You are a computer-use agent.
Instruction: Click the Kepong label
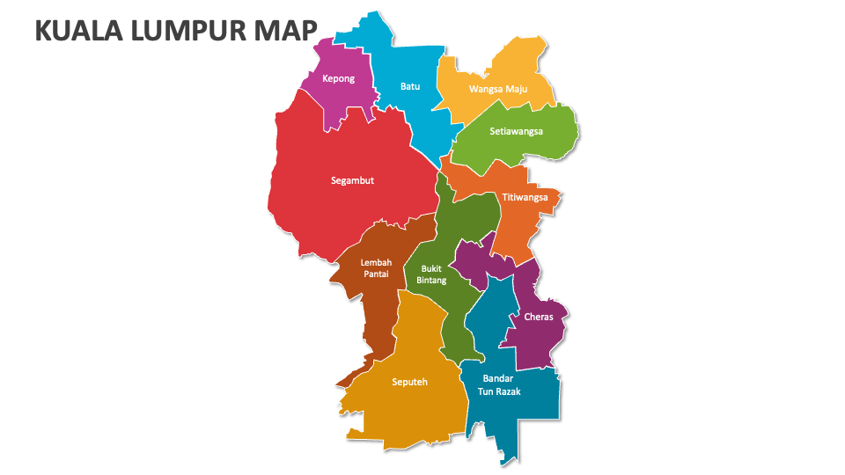tap(339, 78)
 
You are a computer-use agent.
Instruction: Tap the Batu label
tap(410, 86)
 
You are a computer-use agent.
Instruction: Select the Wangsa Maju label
tap(497, 89)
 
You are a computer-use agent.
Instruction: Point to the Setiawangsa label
tap(517, 131)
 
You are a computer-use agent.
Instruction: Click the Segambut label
tap(352, 180)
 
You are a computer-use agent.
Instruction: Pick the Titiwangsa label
tap(525, 197)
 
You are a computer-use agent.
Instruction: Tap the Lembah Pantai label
tap(375, 267)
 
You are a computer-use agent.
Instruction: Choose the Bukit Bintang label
tap(431, 274)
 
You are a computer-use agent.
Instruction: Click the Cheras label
tap(539, 317)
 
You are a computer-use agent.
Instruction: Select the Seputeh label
tap(409, 382)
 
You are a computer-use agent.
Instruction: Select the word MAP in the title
tap(283, 31)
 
